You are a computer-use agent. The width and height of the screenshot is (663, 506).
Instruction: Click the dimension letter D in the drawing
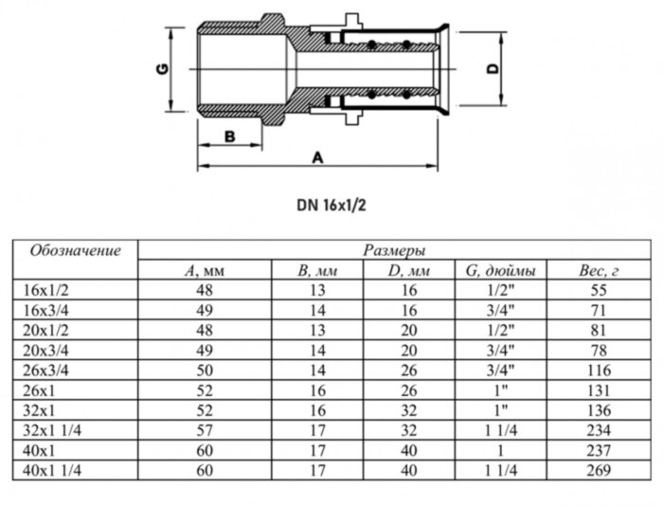coord(491,69)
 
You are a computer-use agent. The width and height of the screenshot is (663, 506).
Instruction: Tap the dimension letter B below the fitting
coord(229,136)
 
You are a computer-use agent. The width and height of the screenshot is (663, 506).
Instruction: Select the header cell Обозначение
coord(76,251)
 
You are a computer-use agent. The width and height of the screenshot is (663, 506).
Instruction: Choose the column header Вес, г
coord(599,272)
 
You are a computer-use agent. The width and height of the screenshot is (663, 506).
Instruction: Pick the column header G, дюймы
coord(501,272)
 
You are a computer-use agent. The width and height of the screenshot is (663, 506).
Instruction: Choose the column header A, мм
coord(205,272)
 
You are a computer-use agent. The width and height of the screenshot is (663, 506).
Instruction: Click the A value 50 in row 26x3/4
coord(205,369)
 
